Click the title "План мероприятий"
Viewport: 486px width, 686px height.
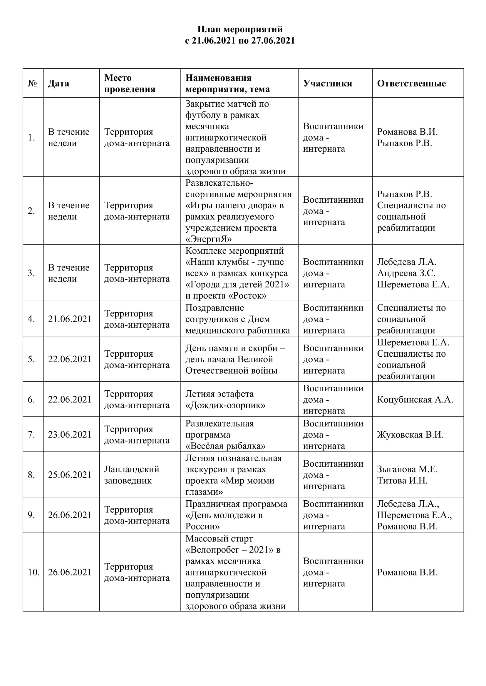pos(240,29)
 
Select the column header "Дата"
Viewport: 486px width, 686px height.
pos(59,83)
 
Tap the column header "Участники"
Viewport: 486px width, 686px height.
pos(327,83)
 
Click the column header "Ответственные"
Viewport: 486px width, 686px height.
pos(411,83)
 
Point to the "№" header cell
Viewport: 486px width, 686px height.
pos(32,83)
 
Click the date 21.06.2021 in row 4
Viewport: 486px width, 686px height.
pos(70,319)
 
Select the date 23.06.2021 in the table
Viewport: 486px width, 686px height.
pos(70,434)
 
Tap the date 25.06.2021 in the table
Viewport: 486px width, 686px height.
pos(70,475)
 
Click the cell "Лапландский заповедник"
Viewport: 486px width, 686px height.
pos(132,475)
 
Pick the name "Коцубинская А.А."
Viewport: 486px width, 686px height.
pos(415,399)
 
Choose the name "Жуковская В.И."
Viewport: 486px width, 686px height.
pos(410,434)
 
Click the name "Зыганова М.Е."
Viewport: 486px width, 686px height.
pos(407,469)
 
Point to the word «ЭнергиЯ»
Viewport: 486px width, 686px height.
pos(209,239)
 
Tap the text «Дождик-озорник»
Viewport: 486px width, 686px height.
pos(225,405)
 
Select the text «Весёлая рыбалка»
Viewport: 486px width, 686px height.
pos(225,446)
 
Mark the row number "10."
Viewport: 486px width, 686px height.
pos(33,572)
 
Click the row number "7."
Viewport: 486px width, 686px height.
pos(31,434)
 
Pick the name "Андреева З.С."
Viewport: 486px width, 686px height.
pos(406,273)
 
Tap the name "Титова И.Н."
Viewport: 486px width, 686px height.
pos(402,480)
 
